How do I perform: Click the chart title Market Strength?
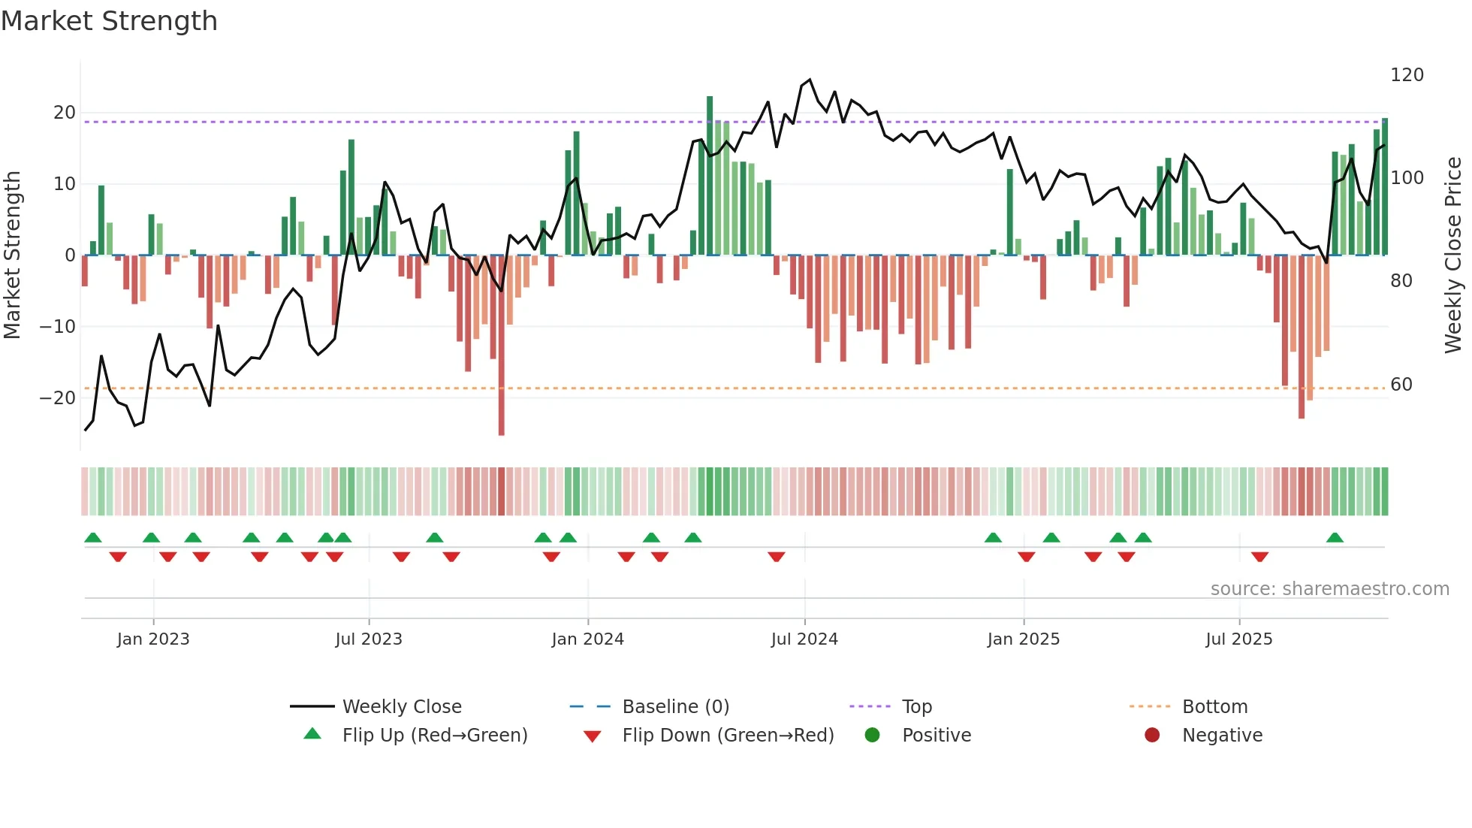coord(109,21)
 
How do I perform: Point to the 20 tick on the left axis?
coord(65,113)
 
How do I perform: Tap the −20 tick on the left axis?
coord(58,397)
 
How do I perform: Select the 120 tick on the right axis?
coord(1407,75)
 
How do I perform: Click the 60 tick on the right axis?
coord(1401,385)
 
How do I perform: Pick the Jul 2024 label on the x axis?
coord(804,639)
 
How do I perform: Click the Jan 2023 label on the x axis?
coord(153,639)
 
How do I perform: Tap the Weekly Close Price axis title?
coord(1453,255)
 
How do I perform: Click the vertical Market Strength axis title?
coord(12,255)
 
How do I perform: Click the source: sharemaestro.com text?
coord(1329,589)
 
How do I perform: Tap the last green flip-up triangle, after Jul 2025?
coord(1335,538)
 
